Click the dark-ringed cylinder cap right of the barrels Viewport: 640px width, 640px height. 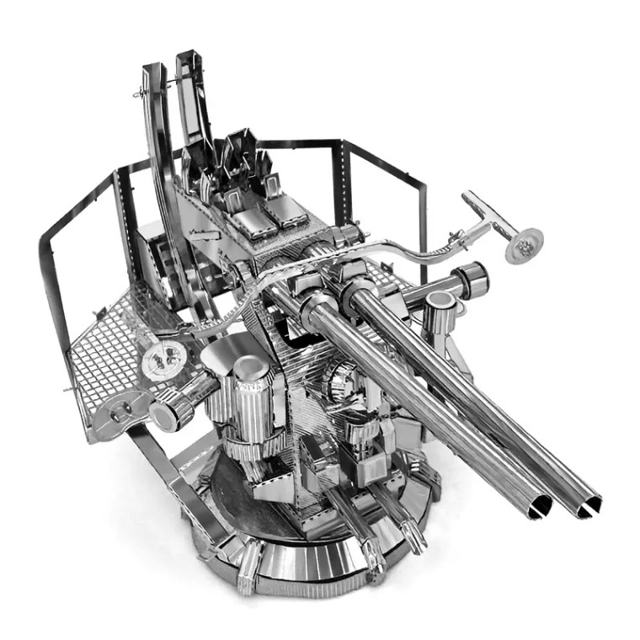(x=472, y=277)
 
